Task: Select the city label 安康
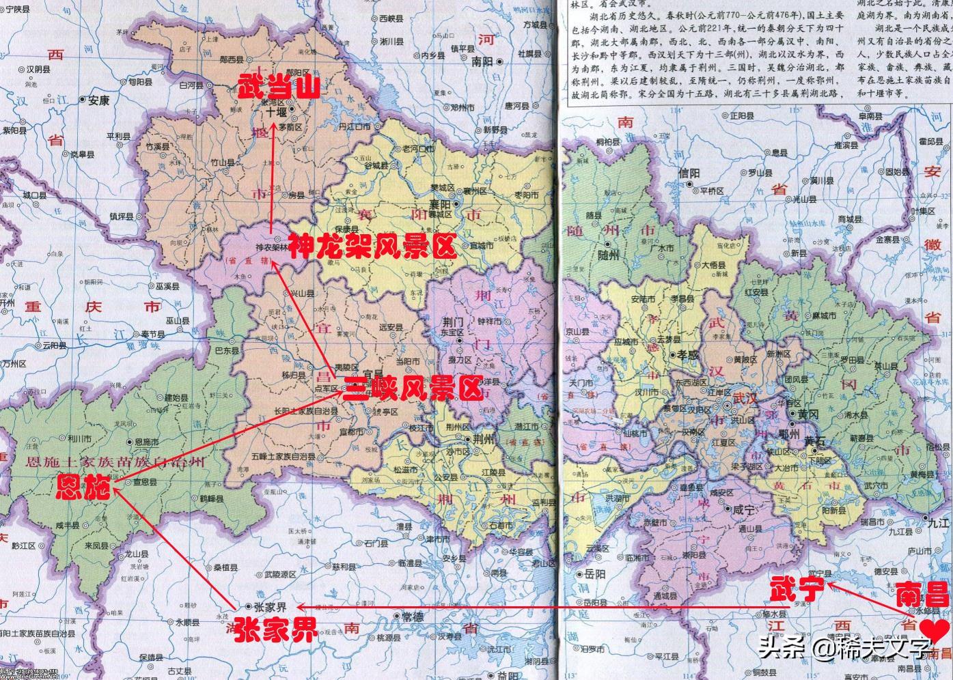pos(98,100)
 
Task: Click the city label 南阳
pos(482,61)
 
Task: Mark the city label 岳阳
pos(590,574)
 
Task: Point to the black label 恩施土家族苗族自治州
pos(114,462)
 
